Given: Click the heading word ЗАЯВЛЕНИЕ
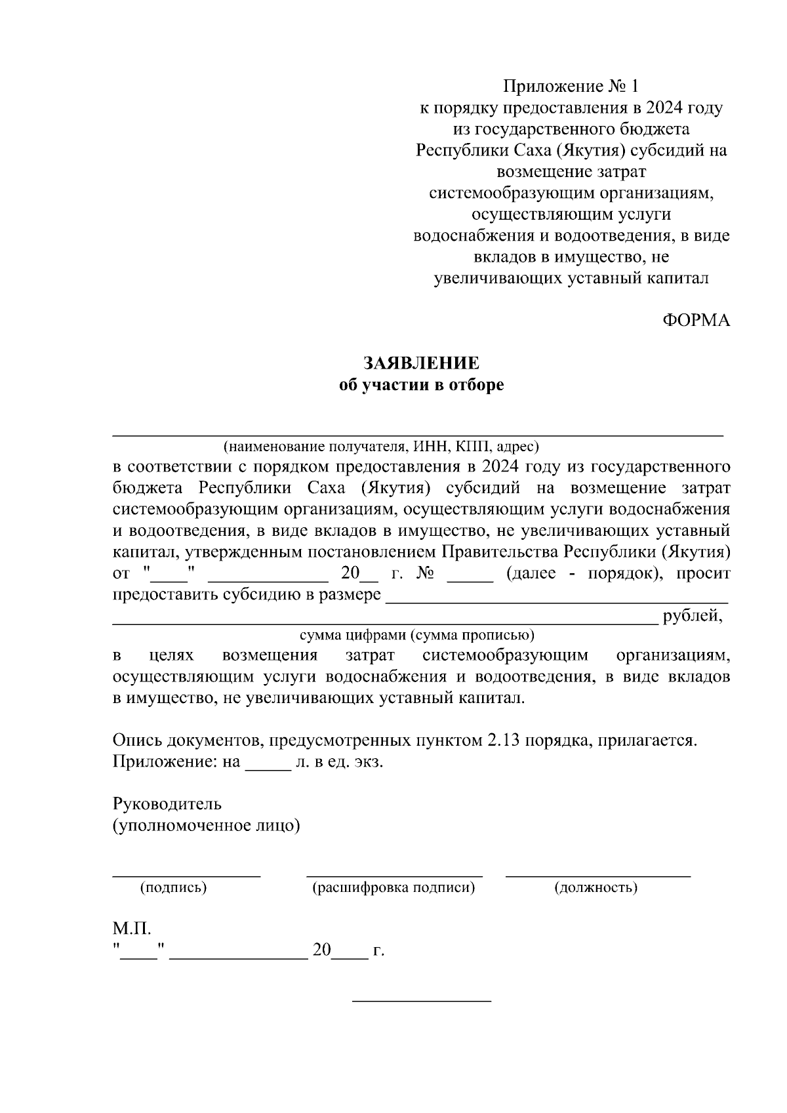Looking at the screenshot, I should click(x=421, y=363).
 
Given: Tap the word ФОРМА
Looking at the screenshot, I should click(x=695, y=321).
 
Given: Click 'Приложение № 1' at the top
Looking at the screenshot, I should click(x=570, y=87).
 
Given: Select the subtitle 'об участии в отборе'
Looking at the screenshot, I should click(x=421, y=385).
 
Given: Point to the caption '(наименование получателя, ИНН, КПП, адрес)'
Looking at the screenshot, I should click(x=380, y=447).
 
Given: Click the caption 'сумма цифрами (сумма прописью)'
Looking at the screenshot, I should click(x=417, y=635).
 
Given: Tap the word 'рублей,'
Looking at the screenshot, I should click(x=693, y=617).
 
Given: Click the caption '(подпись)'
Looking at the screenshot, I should click(x=173, y=888).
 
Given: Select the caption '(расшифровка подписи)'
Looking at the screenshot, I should click(x=393, y=888).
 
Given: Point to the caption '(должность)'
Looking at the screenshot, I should click(x=595, y=888).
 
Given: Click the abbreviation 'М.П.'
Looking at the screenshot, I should click(x=132, y=929).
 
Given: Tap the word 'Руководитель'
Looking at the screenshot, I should click(x=167, y=804).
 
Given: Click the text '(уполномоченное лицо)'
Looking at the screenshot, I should click(x=206, y=826).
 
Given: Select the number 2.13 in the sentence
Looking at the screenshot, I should click(x=503, y=740).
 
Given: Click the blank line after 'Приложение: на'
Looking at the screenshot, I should click(x=268, y=769).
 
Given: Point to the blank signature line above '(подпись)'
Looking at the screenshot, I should click(x=186, y=875).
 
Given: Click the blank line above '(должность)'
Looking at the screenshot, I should click(x=597, y=875).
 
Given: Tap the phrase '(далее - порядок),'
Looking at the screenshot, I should click(x=585, y=573).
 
